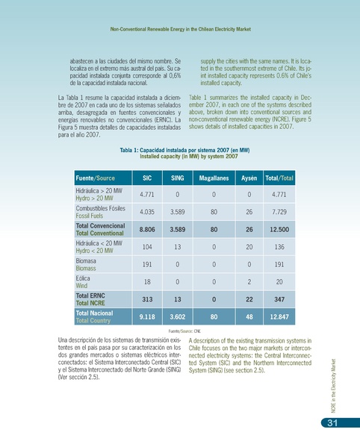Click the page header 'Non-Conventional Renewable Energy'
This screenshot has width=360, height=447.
tap(179, 29)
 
